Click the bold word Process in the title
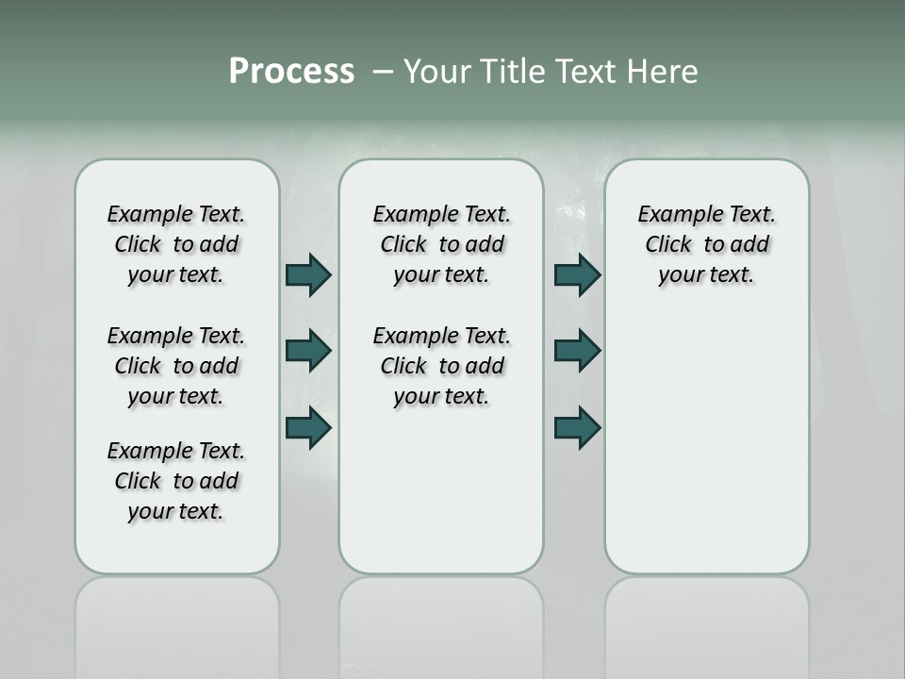291,72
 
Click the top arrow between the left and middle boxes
308,274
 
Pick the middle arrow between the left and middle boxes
308,351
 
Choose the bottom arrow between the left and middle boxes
308,427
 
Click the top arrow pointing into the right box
577,274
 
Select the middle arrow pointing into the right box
577,351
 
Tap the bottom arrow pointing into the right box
577,427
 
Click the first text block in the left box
176,244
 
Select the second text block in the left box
176,366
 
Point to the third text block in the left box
176,481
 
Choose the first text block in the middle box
441,244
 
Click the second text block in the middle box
441,366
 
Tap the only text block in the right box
706,244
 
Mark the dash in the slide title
383,73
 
